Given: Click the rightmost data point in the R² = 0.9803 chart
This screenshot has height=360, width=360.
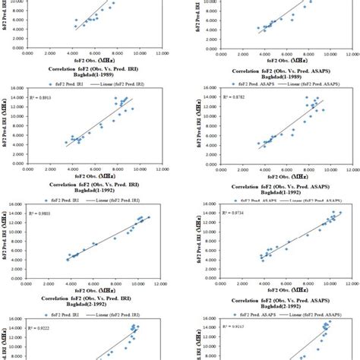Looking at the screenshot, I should [x=149, y=217].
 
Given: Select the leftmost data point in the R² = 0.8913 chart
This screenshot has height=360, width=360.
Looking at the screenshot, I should [x=66, y=143].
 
